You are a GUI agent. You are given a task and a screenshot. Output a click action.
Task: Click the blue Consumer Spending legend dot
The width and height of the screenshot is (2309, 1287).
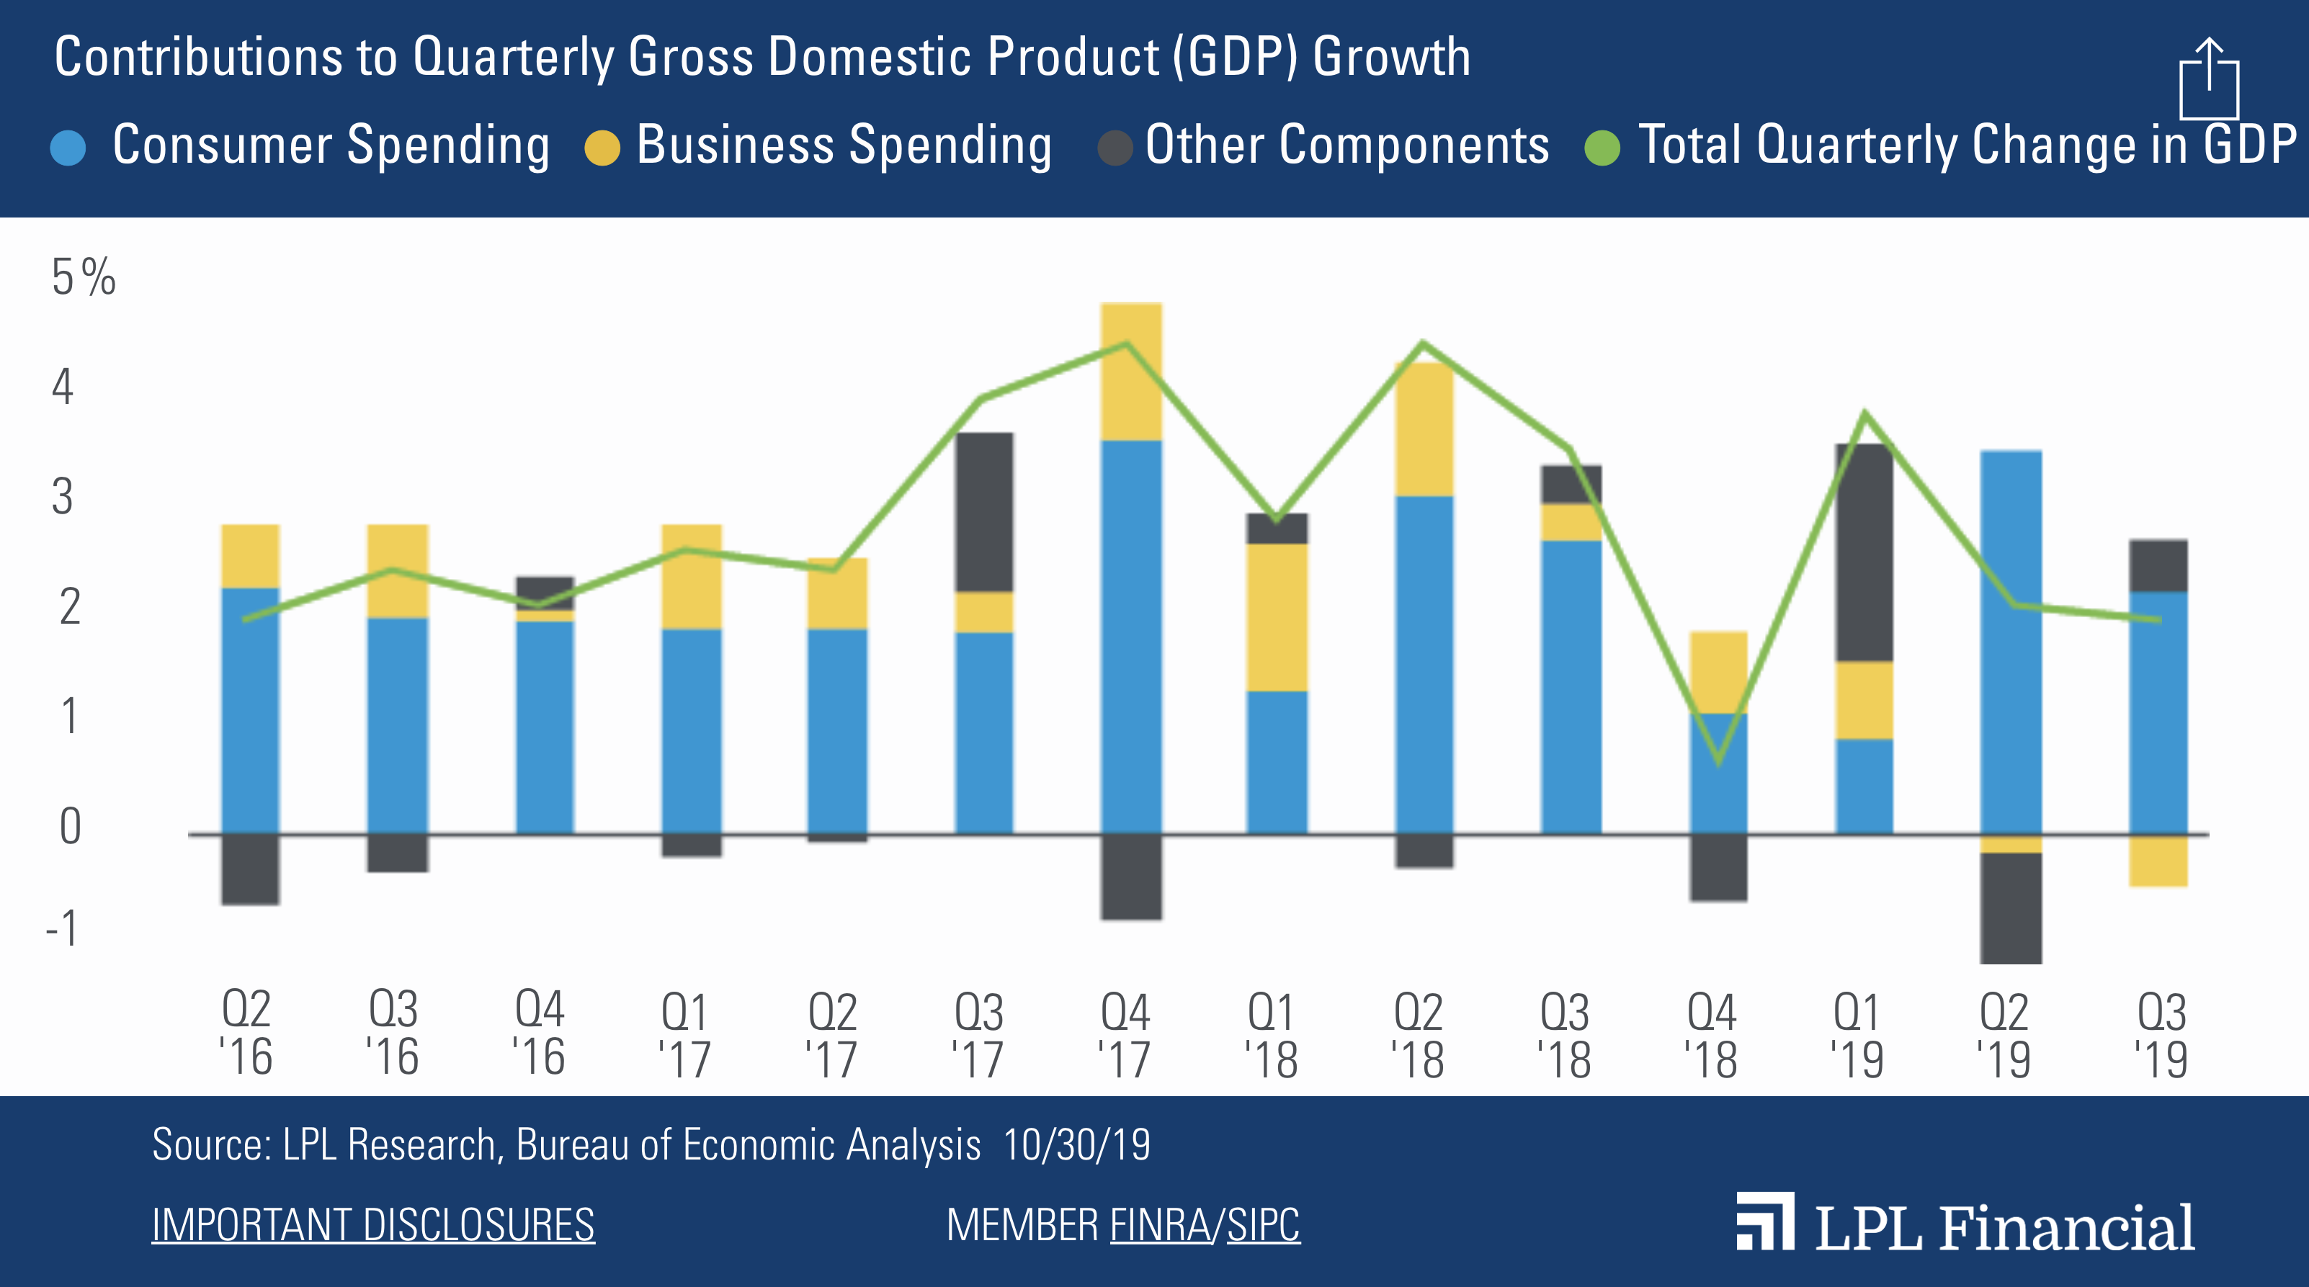click(68, 148)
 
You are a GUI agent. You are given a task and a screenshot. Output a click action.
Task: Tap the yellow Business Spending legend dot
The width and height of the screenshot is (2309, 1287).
click(602, 148)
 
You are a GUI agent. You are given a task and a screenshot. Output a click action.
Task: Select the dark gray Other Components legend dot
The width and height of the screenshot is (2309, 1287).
click(1115, 148)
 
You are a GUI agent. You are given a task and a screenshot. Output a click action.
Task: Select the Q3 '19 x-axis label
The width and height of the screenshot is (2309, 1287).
click(2161, 1034)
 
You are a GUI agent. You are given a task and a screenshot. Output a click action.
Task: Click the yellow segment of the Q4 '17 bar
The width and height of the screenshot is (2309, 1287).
click(1131, 371)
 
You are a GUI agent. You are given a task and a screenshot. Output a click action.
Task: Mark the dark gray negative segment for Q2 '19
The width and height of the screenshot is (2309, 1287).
click(2011, 907)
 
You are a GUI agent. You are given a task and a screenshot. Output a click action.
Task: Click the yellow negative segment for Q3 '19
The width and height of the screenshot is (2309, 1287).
click(2158, 861)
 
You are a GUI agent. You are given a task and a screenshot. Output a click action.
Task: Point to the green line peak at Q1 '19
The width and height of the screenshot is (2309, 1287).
click(1864, 413)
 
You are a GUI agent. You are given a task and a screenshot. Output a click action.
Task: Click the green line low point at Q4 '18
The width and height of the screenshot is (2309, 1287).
click(1718, 763)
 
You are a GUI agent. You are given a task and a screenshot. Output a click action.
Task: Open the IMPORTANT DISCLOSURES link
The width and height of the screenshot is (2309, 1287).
click(373, 1224)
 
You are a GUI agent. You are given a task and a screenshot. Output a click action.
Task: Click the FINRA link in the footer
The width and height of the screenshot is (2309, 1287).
click(1160, 1224)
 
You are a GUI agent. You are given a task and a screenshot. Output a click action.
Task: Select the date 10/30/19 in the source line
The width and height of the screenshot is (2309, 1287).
click(1076, 1144)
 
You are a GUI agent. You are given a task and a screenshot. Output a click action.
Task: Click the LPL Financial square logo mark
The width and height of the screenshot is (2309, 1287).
click(1764, 1221)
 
